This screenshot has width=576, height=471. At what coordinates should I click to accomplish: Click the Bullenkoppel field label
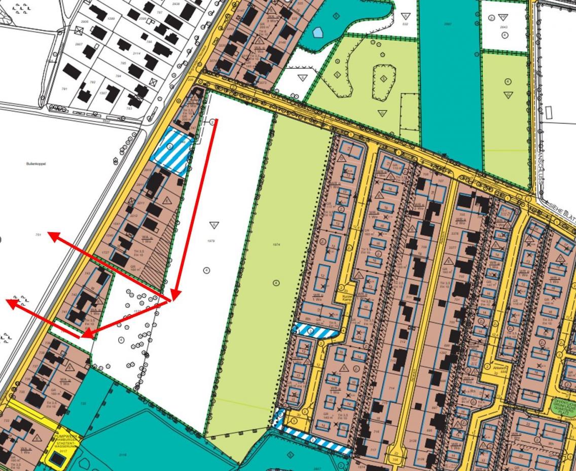coord(32,164)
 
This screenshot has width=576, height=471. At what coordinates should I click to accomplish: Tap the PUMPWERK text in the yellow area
coord(64,435)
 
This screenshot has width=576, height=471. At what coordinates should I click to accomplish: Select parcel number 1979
coord(211,241)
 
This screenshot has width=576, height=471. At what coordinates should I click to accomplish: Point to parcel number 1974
coord(276,245)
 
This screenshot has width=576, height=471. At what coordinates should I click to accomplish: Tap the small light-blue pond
coord(317,32)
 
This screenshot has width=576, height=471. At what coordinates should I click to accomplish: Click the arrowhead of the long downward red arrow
coord(174,296)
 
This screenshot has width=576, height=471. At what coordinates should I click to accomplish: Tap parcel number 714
coord(391,387)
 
